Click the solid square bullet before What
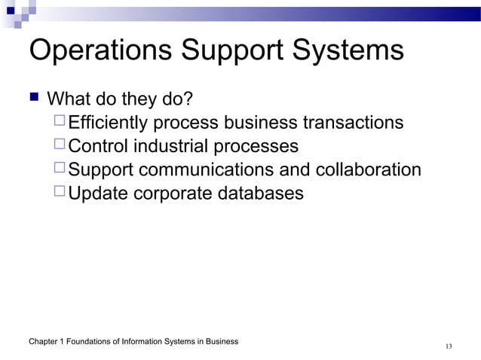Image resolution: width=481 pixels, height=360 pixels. point(33,98)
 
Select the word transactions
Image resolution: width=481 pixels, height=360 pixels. point(352,123)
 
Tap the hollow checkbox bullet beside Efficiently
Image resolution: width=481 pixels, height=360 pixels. point(60,122)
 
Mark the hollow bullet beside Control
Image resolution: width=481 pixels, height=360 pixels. point(60,145)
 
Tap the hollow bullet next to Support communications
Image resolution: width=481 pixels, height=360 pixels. point(60,169)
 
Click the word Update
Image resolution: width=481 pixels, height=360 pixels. point(99,194)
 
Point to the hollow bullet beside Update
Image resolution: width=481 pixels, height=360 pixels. point(60,193)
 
